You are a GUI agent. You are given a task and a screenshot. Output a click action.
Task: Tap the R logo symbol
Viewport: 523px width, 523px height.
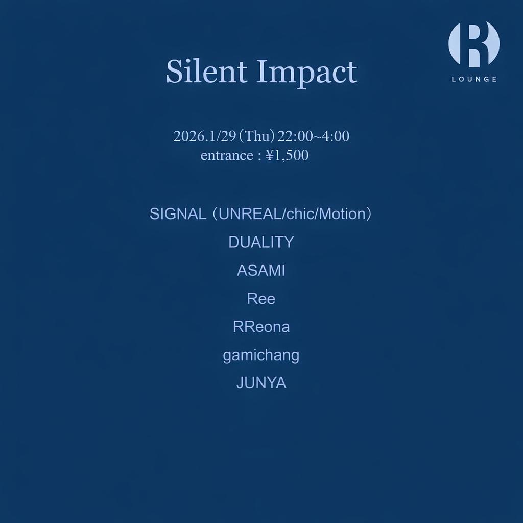coord(473,44)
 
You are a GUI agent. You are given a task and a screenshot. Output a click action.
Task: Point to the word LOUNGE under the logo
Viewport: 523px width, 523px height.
coord(474,79)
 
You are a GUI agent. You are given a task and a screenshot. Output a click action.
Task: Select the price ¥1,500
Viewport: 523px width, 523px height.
coord(287,155)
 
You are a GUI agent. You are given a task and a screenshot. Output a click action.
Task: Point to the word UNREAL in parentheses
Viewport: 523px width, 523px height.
coord(250,214)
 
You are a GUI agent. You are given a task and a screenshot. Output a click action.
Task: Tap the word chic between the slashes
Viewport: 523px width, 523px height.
coord(300,214)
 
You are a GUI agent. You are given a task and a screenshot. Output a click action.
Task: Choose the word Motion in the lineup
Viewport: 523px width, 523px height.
coord(341,214)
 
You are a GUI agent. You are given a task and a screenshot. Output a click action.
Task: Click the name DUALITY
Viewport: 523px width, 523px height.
coord(261,242)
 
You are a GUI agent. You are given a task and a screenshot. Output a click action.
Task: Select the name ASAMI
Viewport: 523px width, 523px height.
coord(261,271)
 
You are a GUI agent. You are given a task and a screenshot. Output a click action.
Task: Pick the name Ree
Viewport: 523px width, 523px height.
coord(261,299)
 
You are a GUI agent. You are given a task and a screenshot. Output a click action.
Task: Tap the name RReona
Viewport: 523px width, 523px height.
coord(261,327)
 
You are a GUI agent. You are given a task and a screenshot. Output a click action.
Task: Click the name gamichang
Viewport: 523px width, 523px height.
coord(261,355)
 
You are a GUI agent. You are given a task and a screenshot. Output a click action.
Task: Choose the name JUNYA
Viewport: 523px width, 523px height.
coord(261,383)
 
